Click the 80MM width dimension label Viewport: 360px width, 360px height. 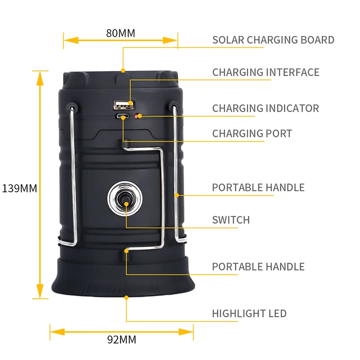click(x=121, y=33)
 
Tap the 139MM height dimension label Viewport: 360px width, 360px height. click(x=20, y=189)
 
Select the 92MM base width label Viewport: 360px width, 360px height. click(x=121, y=340)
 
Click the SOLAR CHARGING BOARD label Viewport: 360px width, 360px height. click(x=273, y=40)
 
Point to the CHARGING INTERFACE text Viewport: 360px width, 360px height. click(x=265, y=72)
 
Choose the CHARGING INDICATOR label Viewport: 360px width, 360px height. click(x=265, y=108)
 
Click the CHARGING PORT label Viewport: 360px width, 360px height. click(x=252, y=134)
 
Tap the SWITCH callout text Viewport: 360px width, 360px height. click(x=231, y=220)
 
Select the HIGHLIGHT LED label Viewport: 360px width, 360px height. click(x=249, y=314)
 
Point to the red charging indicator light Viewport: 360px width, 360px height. click(x=139, y=116)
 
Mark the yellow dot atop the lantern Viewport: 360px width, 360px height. click(x=123, y=71)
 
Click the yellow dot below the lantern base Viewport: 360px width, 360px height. click(x=126, y=298)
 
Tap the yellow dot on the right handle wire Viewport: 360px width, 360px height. click(x=177, y=195)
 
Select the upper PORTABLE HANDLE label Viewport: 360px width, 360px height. click(x=258, y=188)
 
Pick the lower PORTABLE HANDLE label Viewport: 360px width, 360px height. click(x=258, y=267)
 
